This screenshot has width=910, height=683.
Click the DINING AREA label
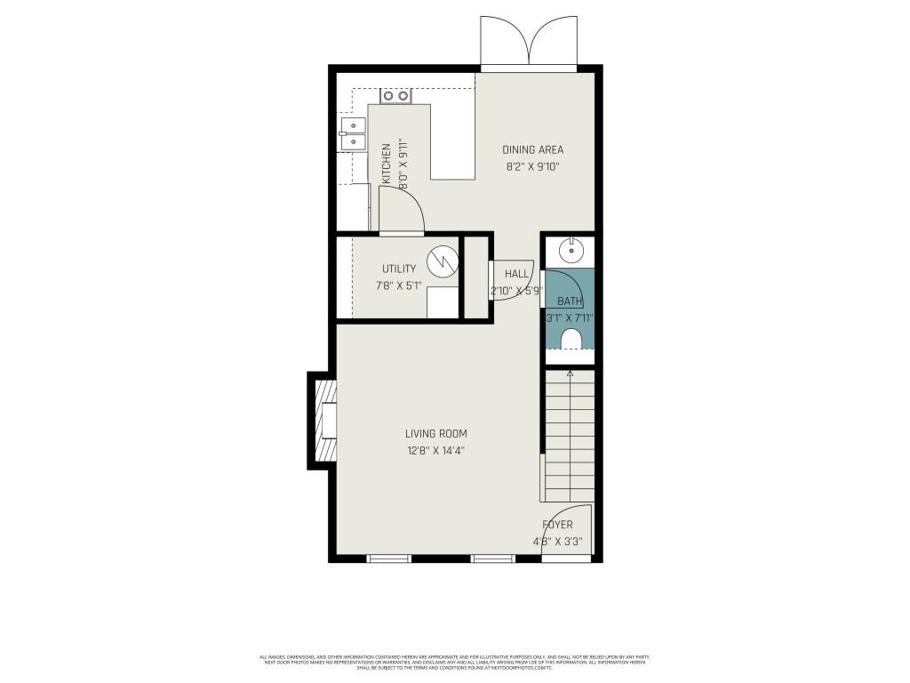532,149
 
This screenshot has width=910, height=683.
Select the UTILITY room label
399,269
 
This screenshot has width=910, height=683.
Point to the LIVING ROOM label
435,434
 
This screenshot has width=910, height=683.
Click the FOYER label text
557,525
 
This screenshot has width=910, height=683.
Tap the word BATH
570,301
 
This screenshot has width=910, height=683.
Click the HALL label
516,274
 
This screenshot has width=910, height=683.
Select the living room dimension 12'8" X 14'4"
435,450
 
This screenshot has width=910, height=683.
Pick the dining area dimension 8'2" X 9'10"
532,166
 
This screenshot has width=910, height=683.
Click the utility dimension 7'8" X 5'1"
399,285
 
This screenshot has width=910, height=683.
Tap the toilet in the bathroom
570,339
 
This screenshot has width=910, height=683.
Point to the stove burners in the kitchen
395,95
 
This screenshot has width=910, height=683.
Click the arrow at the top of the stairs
570,375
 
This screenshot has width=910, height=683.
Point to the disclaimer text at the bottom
454,662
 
